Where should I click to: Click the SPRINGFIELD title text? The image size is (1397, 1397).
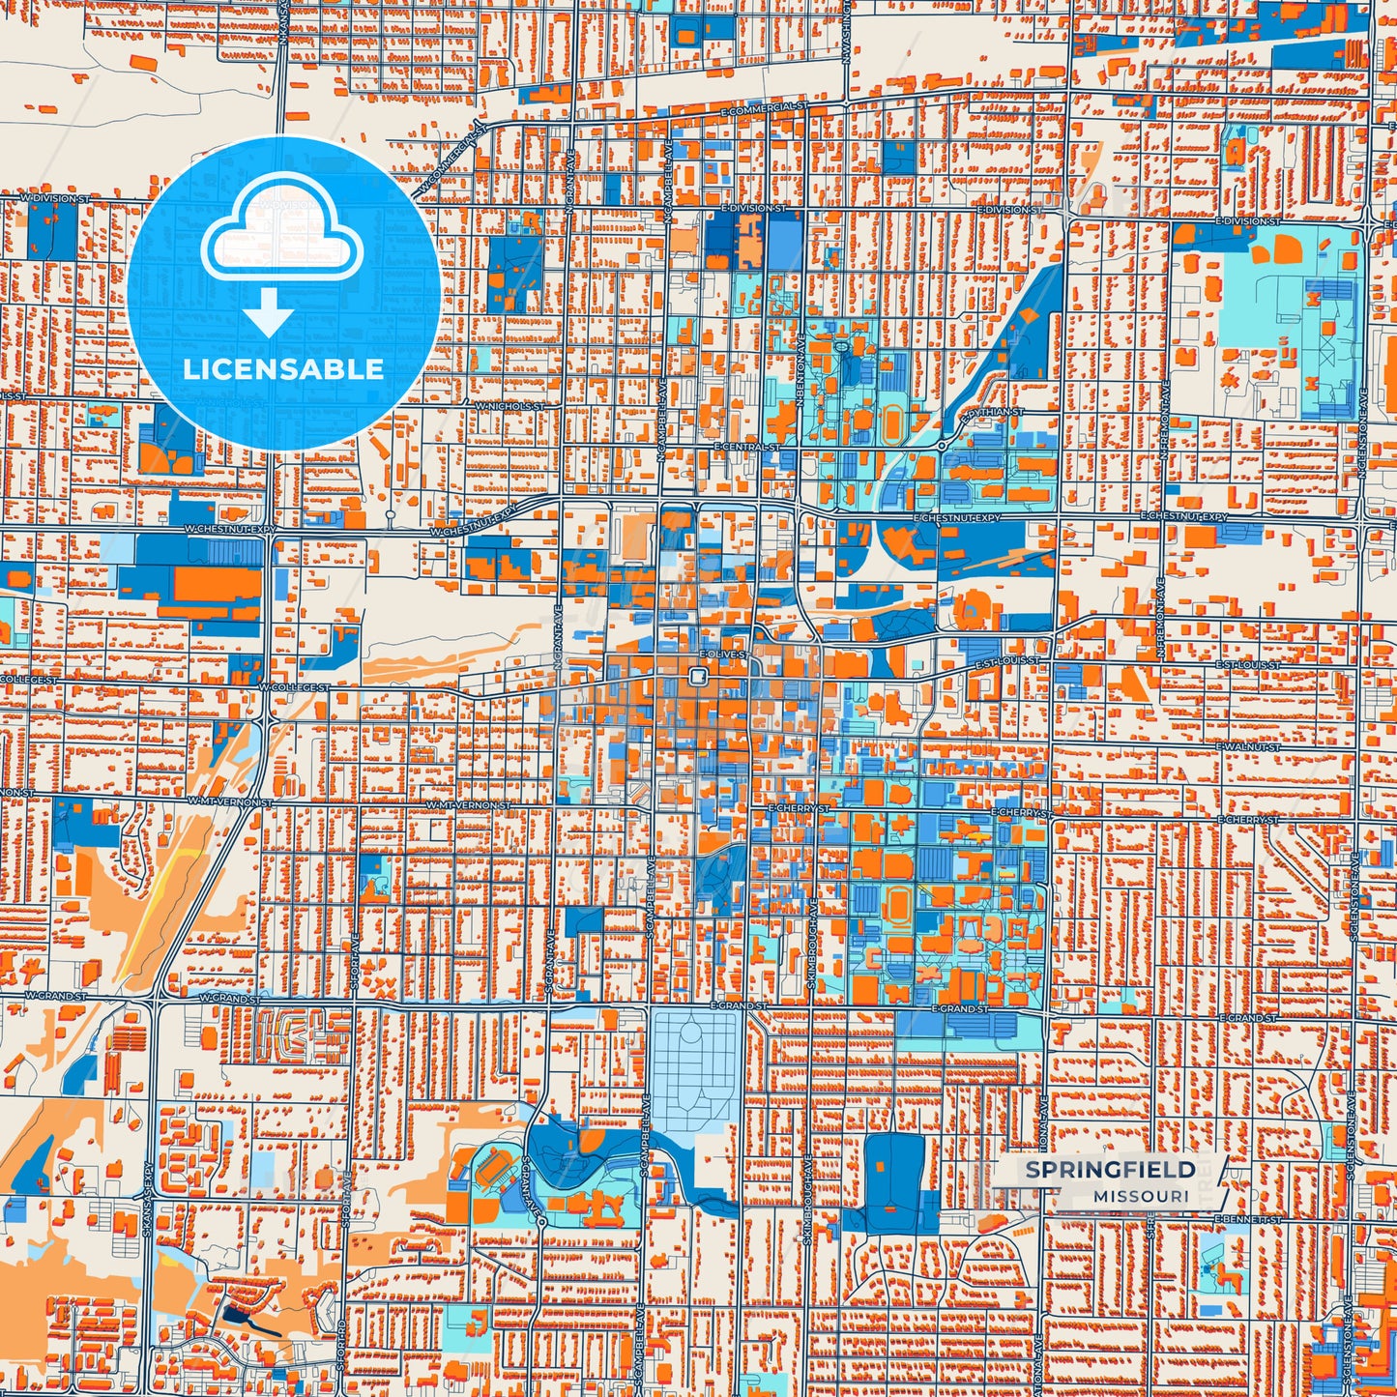(x=1110, y=1170)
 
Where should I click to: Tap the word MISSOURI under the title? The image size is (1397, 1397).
(x=1142, y=1196)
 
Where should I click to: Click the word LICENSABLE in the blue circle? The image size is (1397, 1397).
(x=283, y=369)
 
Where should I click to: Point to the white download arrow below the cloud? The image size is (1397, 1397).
(x=268, y=312)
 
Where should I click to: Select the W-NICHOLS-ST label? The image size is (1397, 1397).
(x=509, y=407)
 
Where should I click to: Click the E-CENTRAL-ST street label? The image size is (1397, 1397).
(x=746, y=448)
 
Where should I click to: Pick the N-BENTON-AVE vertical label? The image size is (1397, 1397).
(x=800, y=363)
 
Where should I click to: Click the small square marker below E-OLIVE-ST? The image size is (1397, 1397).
(x=696, y=677)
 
